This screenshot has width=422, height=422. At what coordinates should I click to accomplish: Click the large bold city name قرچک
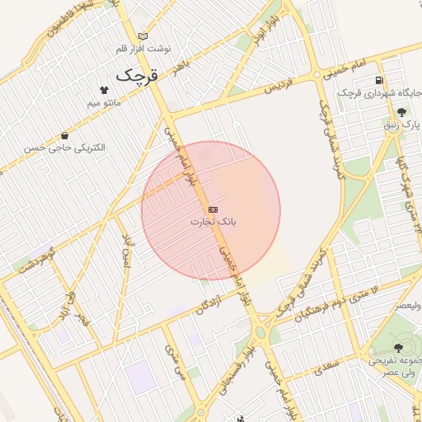click(136, 74)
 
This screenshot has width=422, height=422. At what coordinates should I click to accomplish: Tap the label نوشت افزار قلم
click(143, 49)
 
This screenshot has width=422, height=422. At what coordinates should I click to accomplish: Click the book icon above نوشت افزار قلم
click(143, 36)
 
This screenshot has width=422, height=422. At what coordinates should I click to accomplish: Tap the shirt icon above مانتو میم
click(104, 90)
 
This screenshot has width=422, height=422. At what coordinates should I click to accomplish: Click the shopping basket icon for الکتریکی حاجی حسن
click(64, 135)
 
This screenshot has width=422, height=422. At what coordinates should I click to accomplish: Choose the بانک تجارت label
click(213, 222)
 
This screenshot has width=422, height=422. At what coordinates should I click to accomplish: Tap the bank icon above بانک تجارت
click(213, 209)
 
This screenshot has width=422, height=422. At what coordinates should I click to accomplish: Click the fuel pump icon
click(378, 80)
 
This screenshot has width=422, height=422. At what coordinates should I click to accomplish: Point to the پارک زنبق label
click(402, 124)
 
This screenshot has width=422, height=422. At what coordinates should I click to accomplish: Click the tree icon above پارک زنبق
click(402, 111)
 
